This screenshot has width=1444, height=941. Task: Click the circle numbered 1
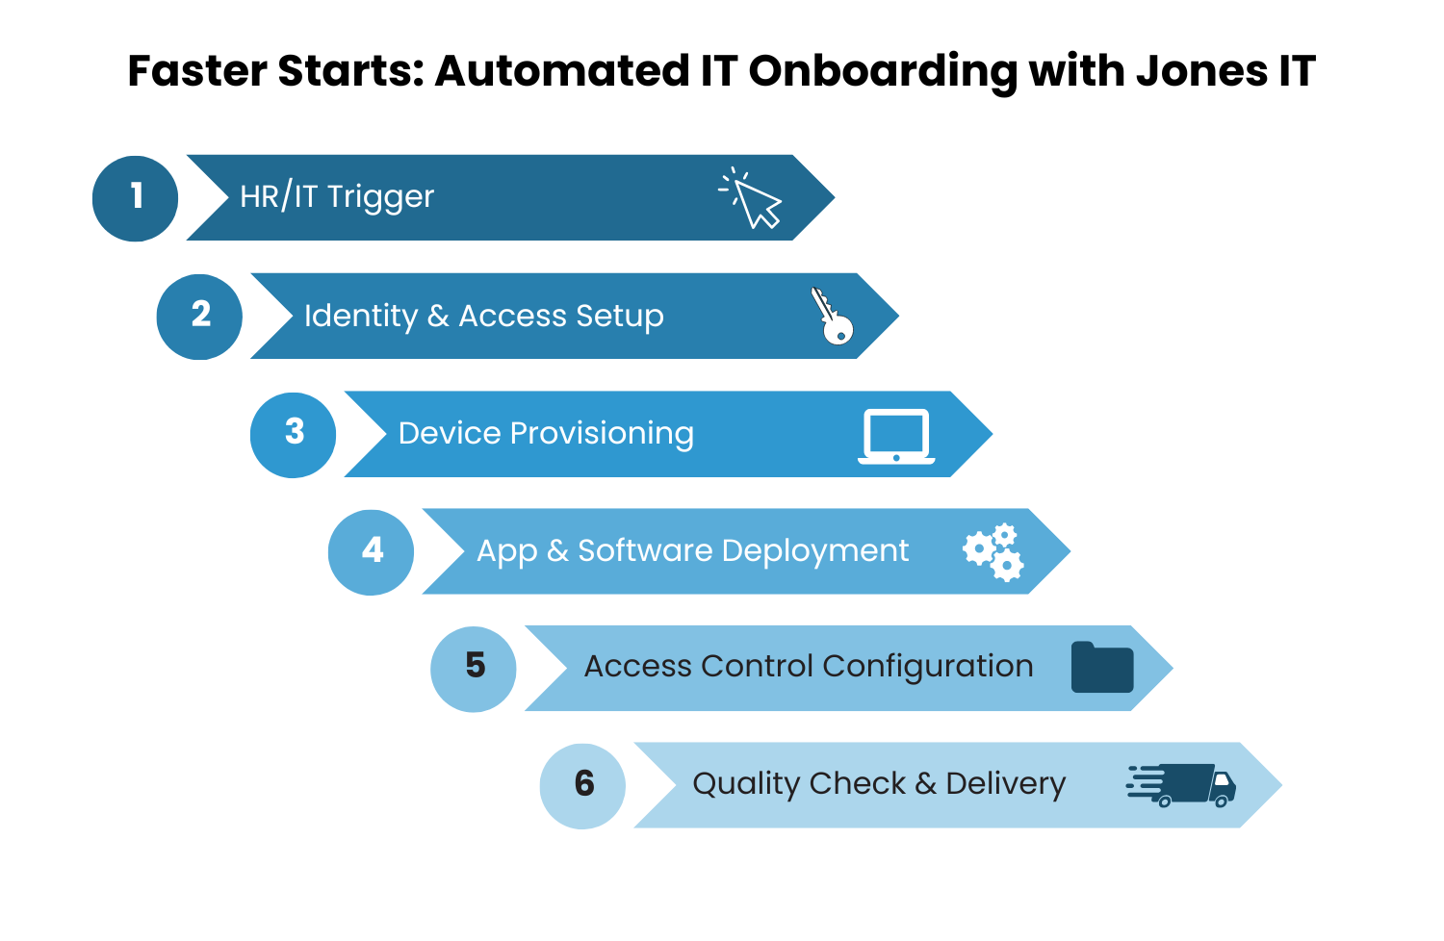pos(135,198)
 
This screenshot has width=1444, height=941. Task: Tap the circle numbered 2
pos(199,317)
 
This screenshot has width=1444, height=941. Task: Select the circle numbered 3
pos(293,434)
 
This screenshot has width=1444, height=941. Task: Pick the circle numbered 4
pos(371,551)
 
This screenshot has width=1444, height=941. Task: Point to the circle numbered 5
pos(473,669)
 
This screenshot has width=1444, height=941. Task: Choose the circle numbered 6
pos(582,786)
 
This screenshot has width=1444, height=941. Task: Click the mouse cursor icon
pos(753,199)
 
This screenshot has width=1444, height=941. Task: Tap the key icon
pos(832,316)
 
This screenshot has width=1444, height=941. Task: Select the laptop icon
pos(896,436)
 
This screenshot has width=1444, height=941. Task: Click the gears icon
pos(993,552)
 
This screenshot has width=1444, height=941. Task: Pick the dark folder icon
pos(1102,668)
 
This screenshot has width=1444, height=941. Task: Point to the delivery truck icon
pos(1183,785)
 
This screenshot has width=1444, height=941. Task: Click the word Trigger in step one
pos(380,197)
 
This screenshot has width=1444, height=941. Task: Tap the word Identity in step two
pos(360,316)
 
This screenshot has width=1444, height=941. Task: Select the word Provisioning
pos(601,433)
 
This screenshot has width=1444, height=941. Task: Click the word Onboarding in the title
pos(882,71)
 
